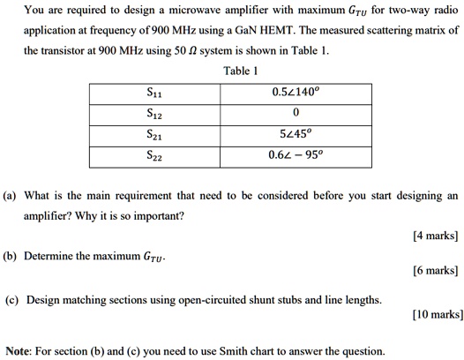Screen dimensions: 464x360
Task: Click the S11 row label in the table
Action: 153,93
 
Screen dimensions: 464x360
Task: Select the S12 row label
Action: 153,113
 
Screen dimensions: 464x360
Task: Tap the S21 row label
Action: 153,133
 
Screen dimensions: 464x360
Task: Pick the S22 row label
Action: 153,154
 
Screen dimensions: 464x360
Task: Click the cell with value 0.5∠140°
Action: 296,93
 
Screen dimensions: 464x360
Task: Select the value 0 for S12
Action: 296,113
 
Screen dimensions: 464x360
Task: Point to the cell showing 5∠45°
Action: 296,133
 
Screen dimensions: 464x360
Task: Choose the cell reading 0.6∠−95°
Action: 296,154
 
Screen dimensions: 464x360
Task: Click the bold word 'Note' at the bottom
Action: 20,350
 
